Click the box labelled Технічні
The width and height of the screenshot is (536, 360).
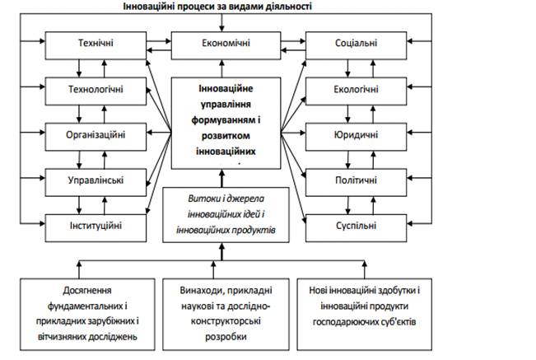96,43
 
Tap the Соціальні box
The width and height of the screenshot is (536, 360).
357,43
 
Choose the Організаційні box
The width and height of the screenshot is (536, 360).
96,133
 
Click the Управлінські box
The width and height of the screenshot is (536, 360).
96,178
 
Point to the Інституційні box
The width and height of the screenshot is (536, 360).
96,222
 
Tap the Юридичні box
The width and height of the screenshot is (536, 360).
357,133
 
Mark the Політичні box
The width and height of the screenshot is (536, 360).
357,178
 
